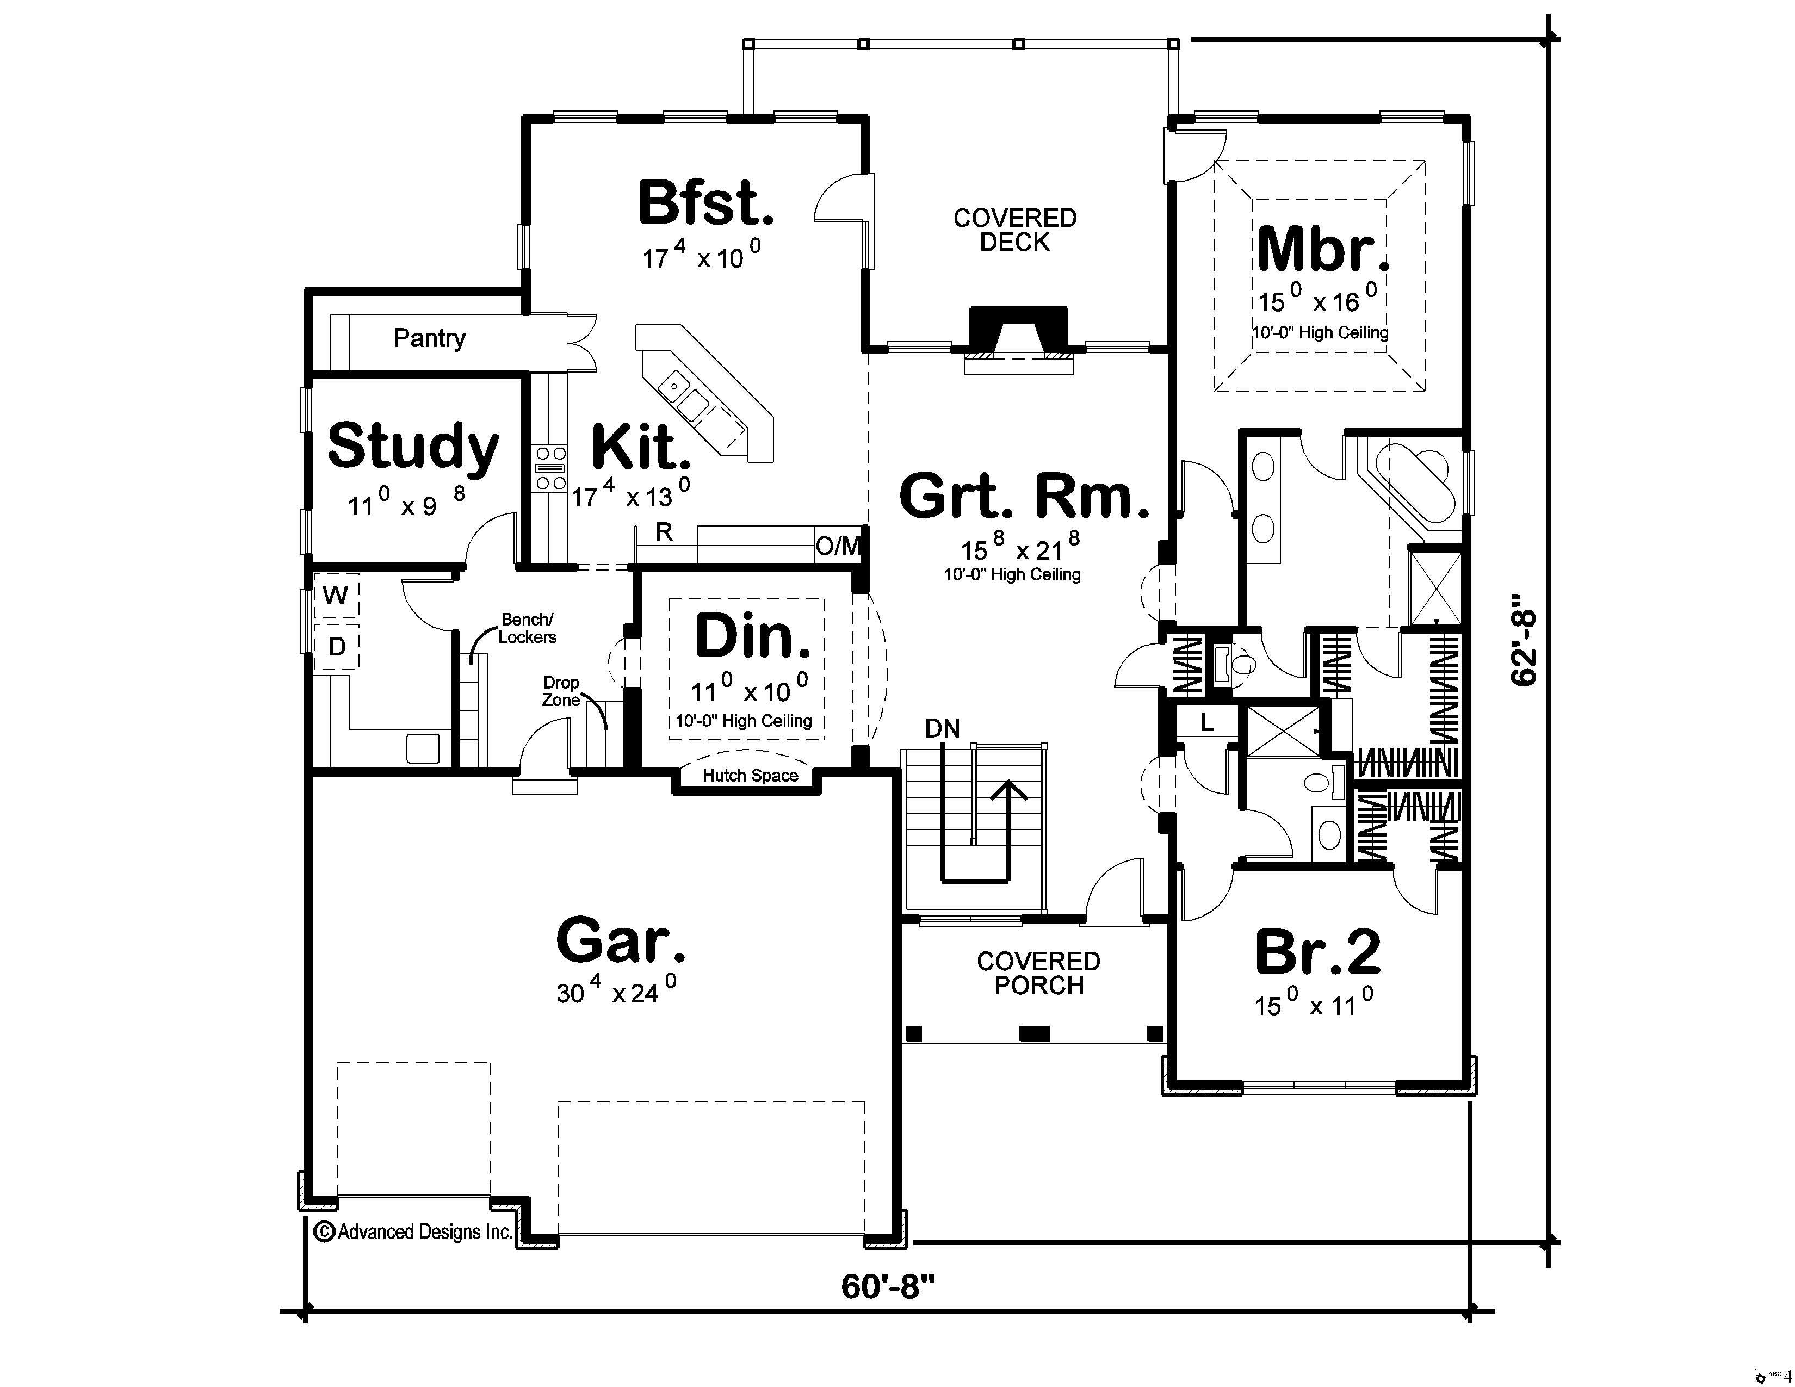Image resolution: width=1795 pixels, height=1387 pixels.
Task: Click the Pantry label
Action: [x=429, y=338]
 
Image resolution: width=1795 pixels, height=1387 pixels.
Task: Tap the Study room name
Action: [x=413, y=446]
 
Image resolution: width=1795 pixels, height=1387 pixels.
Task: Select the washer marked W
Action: [x=335, y=595]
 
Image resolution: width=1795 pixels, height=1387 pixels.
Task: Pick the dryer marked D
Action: [x=337, y=647]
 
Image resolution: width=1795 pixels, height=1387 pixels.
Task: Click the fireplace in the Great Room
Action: [x=1018, y=333]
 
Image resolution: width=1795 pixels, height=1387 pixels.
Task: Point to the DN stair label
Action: [x=942, y=728]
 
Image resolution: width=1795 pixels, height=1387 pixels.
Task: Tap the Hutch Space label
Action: [x=750, y=776]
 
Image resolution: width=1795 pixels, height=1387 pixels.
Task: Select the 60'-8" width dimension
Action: [x=888, y=1287]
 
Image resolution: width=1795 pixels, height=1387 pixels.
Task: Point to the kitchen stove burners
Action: [x=550, y=468]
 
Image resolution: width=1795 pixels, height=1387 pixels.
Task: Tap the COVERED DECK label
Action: [x=1014, y=230]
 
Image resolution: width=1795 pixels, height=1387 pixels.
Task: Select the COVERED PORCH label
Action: [x=1038, y=973]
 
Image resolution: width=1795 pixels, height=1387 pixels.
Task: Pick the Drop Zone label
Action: [x=561, y=691]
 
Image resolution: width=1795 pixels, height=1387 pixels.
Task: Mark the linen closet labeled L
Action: [x=1206, y=723]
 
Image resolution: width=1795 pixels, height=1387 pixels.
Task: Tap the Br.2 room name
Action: [x=1317, y=952]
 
